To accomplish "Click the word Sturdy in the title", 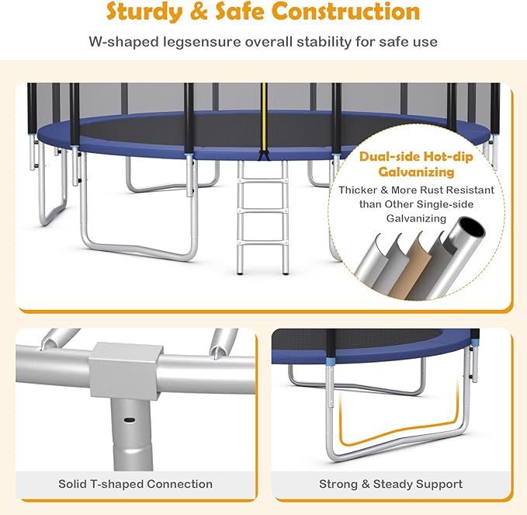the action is coord(144,12).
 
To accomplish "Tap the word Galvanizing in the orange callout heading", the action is coord(416,172).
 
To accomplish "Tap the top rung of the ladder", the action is coord(262,181).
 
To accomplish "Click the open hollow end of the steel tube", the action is coord(471,227).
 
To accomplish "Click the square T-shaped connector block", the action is coord(125,371).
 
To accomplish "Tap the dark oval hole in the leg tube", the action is coord(129,419).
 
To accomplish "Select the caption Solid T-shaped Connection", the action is coord(136,484).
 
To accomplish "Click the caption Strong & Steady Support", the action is coord(390,484).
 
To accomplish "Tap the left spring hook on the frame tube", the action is coord(59,339).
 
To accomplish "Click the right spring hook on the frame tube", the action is coord(224,343).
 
